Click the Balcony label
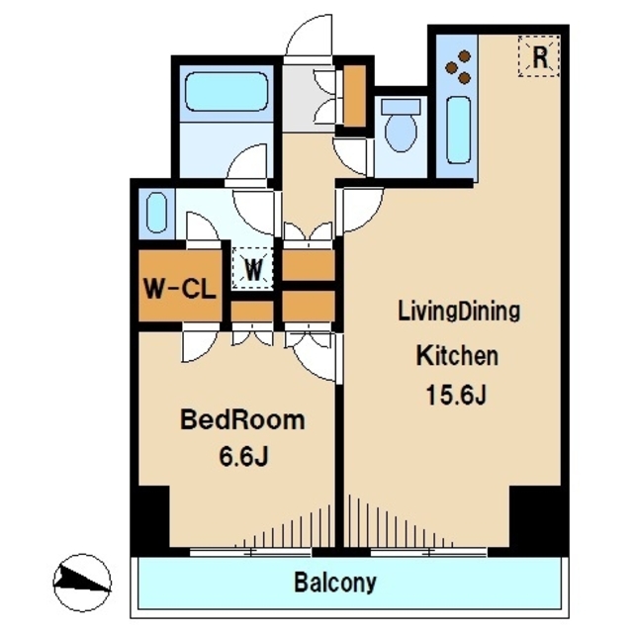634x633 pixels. pos(335,583)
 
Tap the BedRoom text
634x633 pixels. pos(242,420)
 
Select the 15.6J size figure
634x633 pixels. pos(456,396)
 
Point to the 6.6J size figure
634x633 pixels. pos(244,457)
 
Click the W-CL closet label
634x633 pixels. pos(180,289)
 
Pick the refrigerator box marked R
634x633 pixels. pos(539,55)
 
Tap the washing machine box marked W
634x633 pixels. pos(253,268)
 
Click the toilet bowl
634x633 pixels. pos(401,131)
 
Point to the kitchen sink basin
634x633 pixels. pos(459,131)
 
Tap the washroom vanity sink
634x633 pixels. pos(156,213)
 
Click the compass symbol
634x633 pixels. pos(82,583)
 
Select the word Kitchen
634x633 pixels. pos(457,356)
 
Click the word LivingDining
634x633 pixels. pos(459,313)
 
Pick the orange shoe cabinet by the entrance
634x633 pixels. pos(355,96)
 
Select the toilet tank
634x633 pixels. pos(401,106)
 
